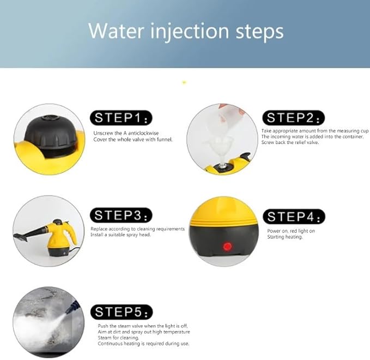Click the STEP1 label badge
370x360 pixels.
click(x=121, y=118)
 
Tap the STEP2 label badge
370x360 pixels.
click(x=294, y=118)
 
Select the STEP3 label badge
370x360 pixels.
click(x=121, y=215)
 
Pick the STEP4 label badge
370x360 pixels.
click(x=294, y=217)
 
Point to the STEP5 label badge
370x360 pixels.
click(x=122, y=312)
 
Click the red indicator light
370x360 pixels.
click(x=227, y=247)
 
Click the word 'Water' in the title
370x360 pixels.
click(x=116, y=31)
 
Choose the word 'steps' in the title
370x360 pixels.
click(x=259, y=33)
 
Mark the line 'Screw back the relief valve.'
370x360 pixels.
click(x=290, y=142)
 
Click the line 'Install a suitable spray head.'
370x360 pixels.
click(x=120, y=235)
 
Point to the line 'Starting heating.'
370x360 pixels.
click(x=285, y=237)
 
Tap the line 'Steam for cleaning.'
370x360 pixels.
click(x=118, y=338)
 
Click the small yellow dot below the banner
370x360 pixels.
click(x=184, y=82)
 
